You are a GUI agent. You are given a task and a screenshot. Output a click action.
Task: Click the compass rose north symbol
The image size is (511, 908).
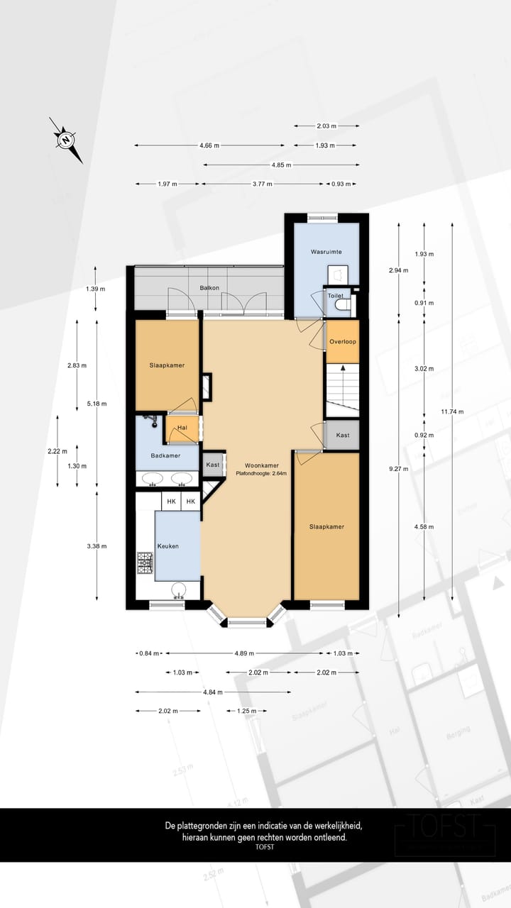[x=65, y=140]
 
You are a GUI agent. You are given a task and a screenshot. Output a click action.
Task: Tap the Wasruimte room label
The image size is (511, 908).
[x=326, y=252]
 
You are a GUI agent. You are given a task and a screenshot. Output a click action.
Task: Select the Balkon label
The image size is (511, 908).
[x=209, y=288]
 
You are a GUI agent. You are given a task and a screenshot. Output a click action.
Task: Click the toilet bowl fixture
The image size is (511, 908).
[x=341, y=305]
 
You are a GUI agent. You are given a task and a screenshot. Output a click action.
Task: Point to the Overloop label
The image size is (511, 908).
[x=343, y=341]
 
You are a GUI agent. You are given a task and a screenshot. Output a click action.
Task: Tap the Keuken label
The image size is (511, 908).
[x=168, y=546]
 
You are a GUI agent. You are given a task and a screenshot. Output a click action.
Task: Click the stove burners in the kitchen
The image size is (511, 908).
[x=145, y=564]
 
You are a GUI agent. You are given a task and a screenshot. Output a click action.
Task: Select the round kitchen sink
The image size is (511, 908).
[x=180, y=589]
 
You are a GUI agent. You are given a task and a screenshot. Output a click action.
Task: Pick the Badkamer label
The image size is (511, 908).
[x=165, y=455]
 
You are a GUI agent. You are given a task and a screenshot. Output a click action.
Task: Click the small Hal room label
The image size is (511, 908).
[x=182, y=428]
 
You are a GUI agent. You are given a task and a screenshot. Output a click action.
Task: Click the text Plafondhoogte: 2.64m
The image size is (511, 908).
[x=261, y=474]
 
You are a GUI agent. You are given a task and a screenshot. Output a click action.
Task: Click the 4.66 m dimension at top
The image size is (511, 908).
[x=209, y=145]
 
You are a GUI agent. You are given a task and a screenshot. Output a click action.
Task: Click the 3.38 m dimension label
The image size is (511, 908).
[x=97, y=546]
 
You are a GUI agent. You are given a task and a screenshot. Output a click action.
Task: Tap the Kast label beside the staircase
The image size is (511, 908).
[x=343, y=435]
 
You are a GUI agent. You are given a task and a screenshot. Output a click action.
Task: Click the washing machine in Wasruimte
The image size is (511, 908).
[x=338, y=274]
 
